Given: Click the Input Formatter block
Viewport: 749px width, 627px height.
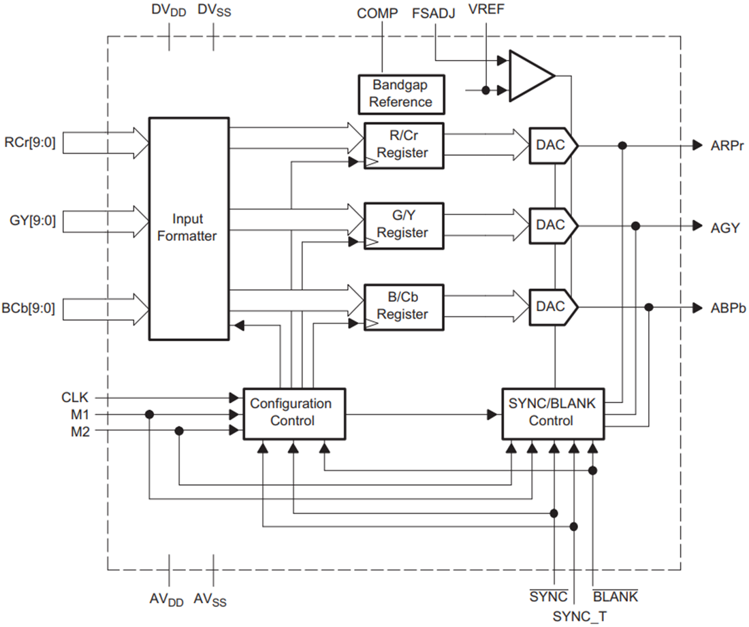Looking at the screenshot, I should coord(189,228).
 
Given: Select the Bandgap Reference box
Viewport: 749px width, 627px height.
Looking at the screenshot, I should coord(401,94).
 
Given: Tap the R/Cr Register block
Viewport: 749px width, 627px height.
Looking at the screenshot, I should coord(403,145).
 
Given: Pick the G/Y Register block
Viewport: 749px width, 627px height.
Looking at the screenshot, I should coord(403,225).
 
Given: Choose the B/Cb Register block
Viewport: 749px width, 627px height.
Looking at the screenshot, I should coord(403,306).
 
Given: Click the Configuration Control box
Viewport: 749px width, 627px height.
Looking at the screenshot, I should coord(294,413).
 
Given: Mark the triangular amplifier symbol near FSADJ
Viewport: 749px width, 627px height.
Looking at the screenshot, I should coord(530,75).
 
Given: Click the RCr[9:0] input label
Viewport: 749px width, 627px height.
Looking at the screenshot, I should coord(30,144).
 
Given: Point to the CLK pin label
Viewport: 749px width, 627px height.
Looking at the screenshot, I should coord(75,397).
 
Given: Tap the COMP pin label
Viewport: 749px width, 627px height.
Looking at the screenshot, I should coord(377,13).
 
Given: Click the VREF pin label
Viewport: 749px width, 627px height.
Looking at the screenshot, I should coord(485,13).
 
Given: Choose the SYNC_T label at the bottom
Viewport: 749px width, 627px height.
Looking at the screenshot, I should coord(579,616).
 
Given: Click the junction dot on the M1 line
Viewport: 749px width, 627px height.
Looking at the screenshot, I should coord(149,414).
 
